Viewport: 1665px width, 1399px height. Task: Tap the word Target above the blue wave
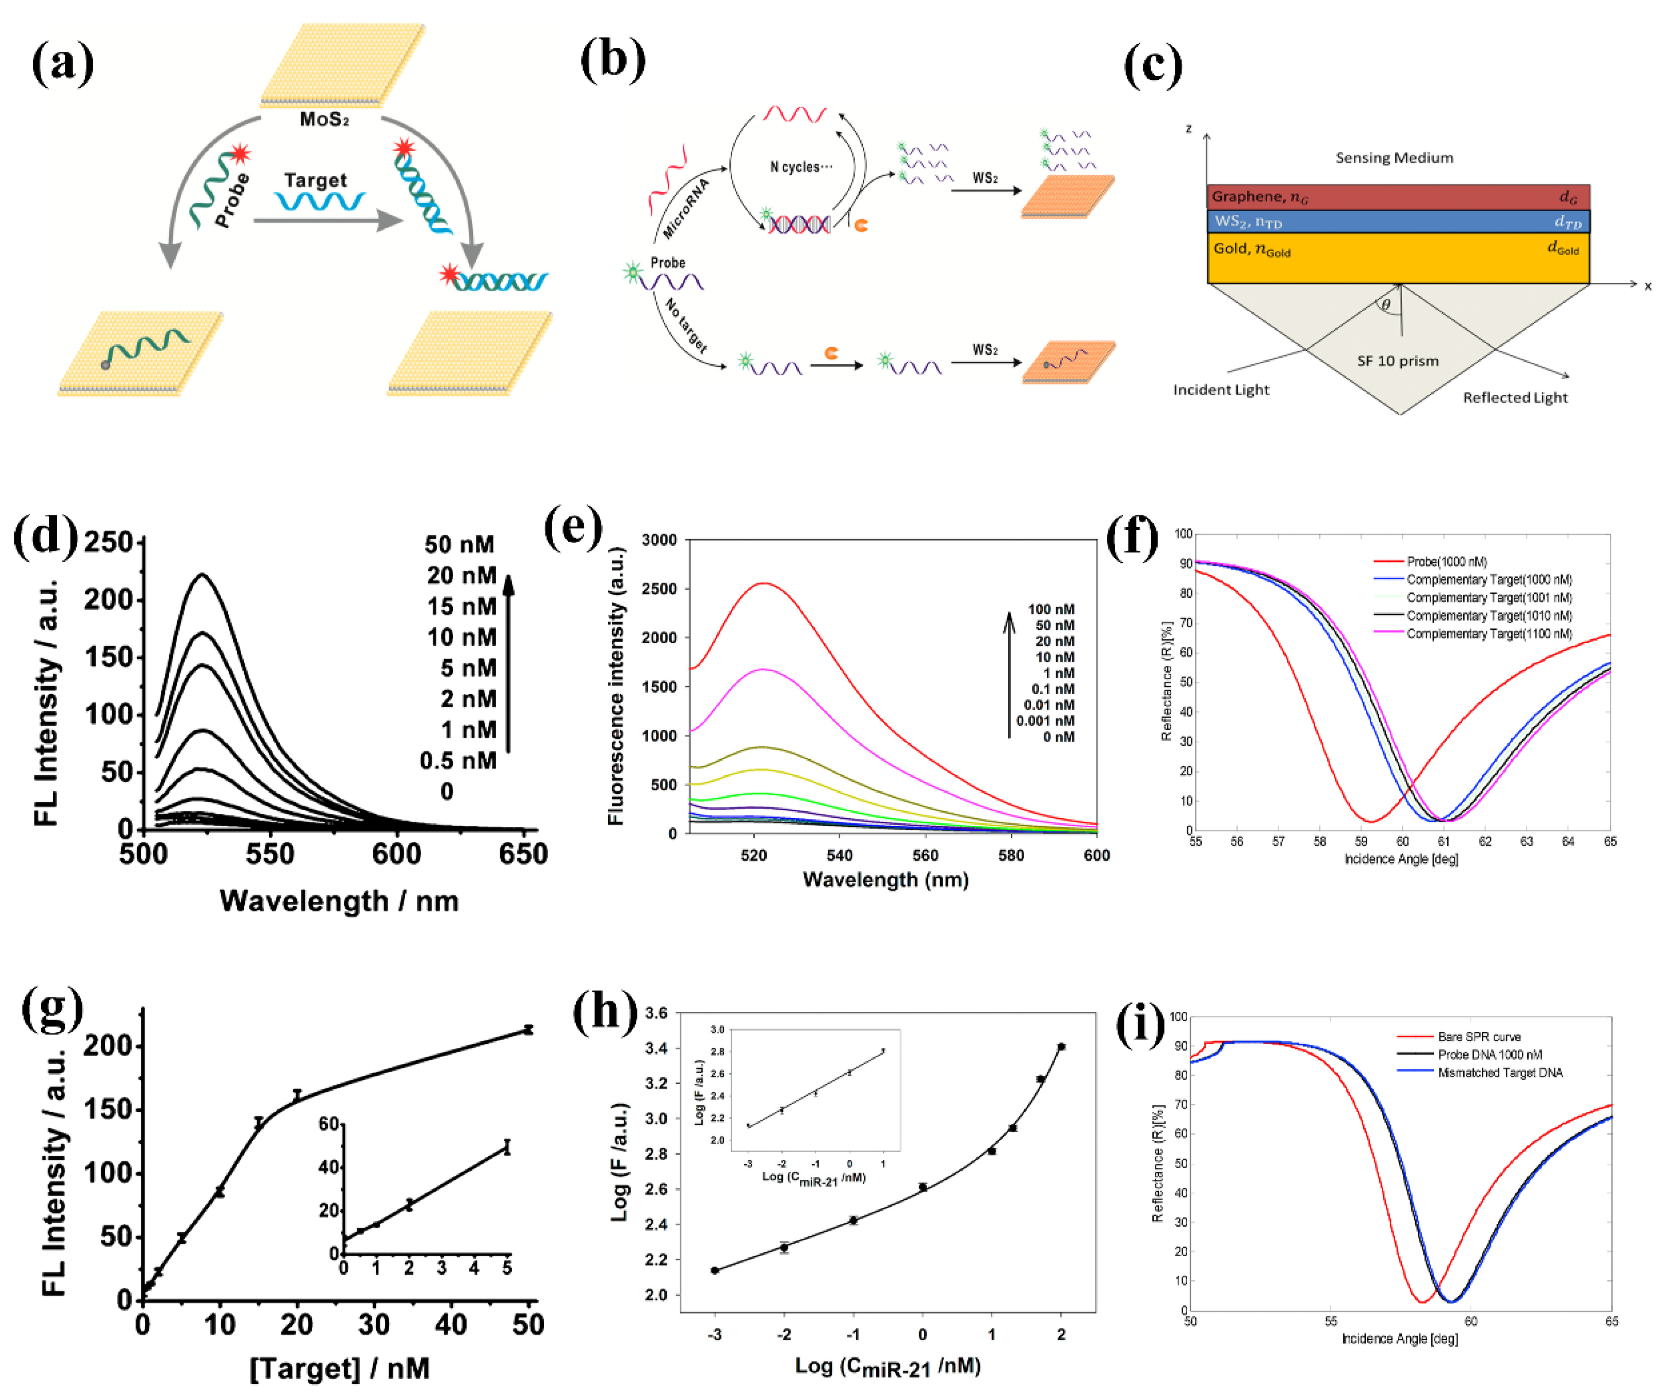[x=316, y=180]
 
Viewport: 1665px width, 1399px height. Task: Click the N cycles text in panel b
[x=801, y=167]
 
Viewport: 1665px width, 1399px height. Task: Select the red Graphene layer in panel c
[x=1397, y=197]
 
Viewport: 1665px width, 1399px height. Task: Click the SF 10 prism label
[x=1397, y=361]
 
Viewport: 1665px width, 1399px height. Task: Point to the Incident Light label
[x=1220, y=389]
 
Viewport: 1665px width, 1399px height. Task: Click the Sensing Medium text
[x=1394, y=158]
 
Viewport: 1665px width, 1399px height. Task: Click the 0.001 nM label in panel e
[x=1045, y=721]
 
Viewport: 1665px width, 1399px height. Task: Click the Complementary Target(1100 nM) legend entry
[x=1488, y=634]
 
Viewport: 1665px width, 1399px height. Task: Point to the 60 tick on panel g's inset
[x=328, y=1124]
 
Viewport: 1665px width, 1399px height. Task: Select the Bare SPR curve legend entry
[x=1479, y=1036]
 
